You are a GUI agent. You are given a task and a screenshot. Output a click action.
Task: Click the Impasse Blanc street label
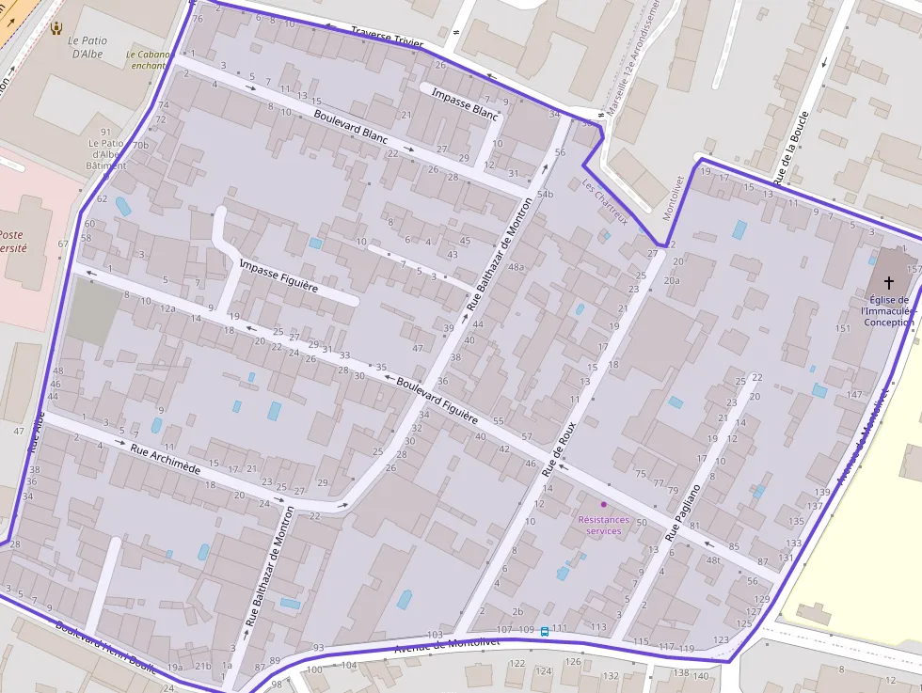[x=464, y=102]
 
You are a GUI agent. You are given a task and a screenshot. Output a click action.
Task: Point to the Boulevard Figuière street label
[x=437, y=399]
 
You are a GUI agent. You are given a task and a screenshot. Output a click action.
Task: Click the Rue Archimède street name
[x=166, y=460]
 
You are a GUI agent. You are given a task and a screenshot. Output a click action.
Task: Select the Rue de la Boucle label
[x=791, y=154]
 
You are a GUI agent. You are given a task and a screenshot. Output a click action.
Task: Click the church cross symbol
[x=889, y=281]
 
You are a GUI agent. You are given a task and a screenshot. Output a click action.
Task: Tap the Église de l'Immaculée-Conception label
[x=887, y=311]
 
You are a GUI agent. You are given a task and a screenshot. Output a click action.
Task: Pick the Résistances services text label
[x=604, y=525]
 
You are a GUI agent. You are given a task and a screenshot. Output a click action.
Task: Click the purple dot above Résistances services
[x=604, y=504]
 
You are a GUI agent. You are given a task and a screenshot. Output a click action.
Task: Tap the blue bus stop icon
[x=545, y=632]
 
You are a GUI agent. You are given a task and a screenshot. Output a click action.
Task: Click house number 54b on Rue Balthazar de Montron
[x=545, y=194]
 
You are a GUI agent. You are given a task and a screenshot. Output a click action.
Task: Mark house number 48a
[x=516, y=267]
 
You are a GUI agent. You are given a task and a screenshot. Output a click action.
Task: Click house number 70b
[x=140, y=146]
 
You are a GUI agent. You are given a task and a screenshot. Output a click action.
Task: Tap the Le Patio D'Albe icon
[x=56, y=28]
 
